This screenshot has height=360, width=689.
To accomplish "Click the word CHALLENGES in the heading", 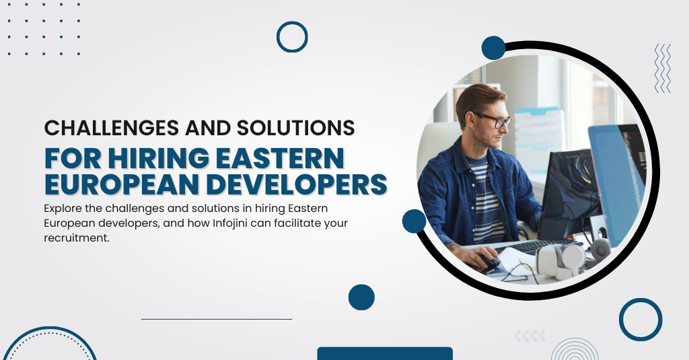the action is (112, 128).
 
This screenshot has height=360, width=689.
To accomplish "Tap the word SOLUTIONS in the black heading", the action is (296, 128).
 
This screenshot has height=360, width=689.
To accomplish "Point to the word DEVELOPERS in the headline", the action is (297, 184).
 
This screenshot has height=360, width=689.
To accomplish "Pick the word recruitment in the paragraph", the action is (77, 238).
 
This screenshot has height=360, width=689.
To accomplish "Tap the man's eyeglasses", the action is (493, 120).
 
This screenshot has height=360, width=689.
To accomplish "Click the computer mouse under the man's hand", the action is (490, 262).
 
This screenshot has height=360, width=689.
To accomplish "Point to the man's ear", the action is (469, 120).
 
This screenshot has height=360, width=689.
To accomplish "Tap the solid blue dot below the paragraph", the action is (361, 297).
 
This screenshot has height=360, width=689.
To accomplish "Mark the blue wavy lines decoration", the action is (663, 68).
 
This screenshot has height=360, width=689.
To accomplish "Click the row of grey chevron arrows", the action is (530, 336).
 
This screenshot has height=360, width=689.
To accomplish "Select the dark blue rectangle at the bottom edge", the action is (385, 353).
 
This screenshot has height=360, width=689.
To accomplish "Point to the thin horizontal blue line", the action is (217, 319).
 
